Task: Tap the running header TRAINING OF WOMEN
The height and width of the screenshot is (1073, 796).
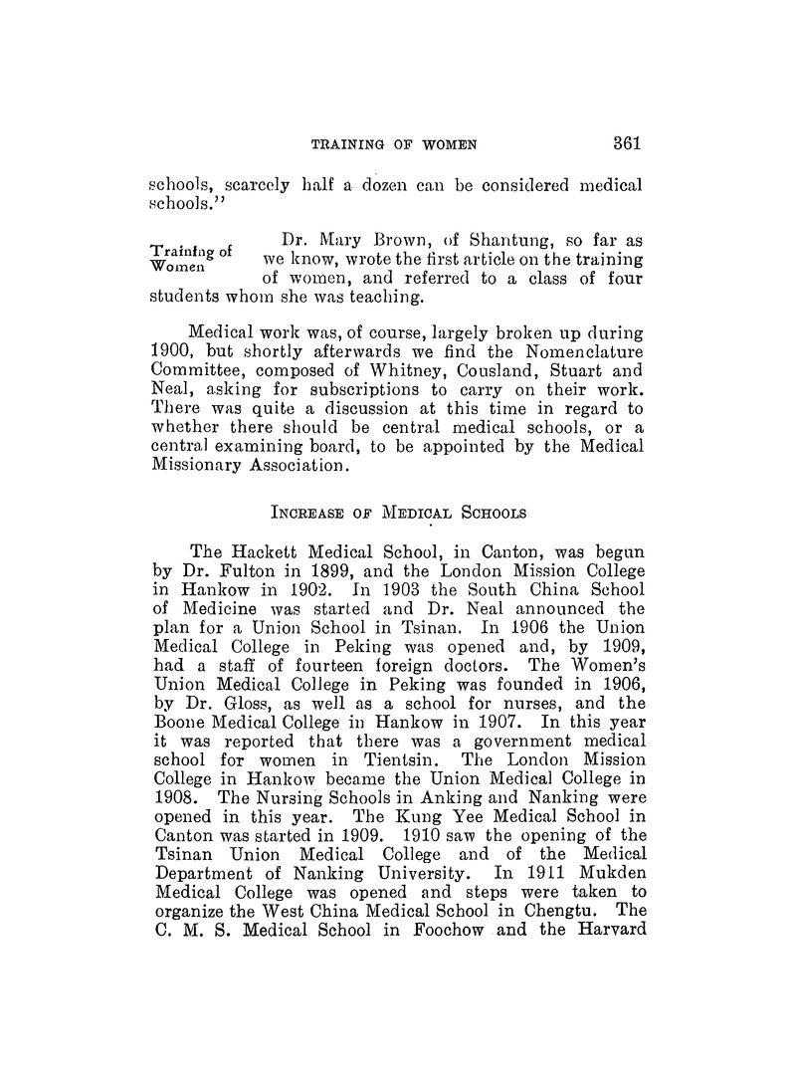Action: (394, 144)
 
